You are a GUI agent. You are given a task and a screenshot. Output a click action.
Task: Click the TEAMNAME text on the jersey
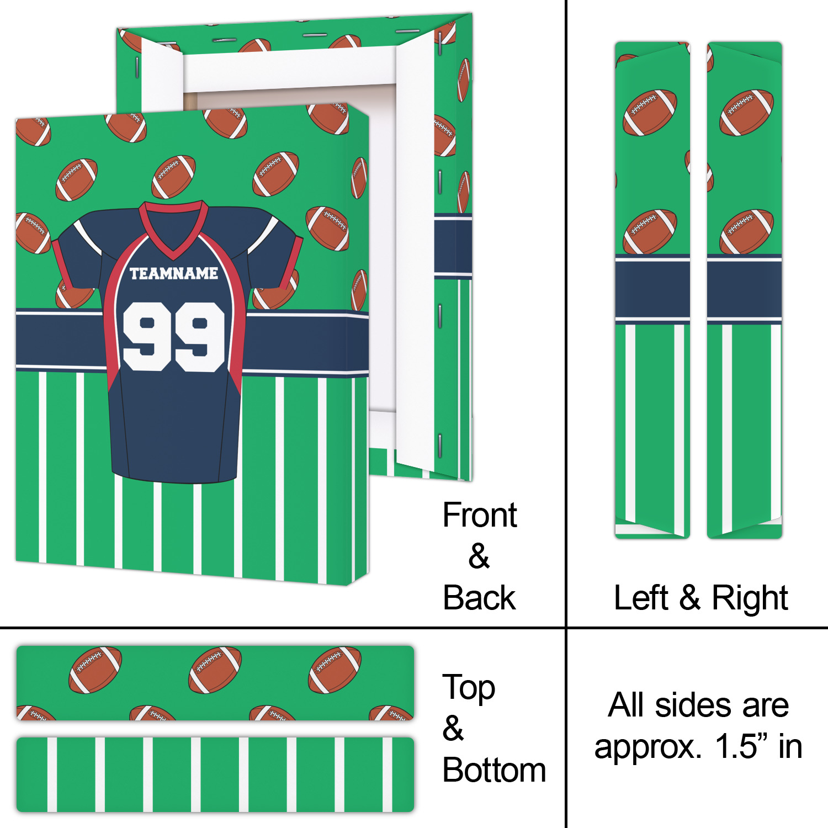pyautogui.click(x=174, y=273)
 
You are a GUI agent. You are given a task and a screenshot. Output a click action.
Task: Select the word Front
pyautogui.click(x=480, y=515)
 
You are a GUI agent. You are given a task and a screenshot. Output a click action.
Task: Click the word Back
pyautogui.click(x=479, y=598)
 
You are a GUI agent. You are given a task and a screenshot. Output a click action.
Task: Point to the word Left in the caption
pyautogui.click(x=641, y=598)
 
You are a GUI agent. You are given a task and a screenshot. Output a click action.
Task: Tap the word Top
pyautogui.click(x=469, y=688)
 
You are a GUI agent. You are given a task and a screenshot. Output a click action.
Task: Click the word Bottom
pyautogui.click(x=494, y=770)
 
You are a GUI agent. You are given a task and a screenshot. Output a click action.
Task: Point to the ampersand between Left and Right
pyautogui.click(x=690, y=598)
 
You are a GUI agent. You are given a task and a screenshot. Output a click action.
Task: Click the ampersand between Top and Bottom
pyautogui.click(x=453, y=729)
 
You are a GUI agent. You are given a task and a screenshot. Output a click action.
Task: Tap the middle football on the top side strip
pyautogui.click(x=215, y=670)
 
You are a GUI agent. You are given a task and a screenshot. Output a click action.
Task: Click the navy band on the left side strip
pyautogui.click(x=652, y=288)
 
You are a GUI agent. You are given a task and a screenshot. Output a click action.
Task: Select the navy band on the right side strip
pyautogui.click(x=745, y=288)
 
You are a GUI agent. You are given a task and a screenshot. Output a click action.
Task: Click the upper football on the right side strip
pyautogui.click(x=746, y=113)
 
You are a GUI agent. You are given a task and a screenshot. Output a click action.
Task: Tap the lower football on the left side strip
pyautogui.click(x=650, y=232)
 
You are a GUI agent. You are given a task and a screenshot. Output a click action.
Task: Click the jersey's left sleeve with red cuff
pyautogui.click(x=77, y=251)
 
